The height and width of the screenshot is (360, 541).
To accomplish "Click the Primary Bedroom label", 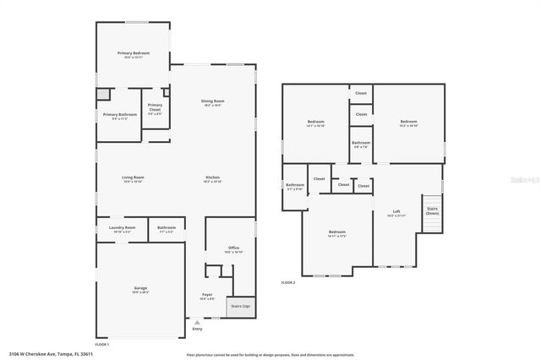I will point(133,54).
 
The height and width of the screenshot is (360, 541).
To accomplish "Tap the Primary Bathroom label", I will point(120,115).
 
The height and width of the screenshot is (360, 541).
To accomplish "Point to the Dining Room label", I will point(212,102).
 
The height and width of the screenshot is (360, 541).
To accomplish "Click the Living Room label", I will point(133,178).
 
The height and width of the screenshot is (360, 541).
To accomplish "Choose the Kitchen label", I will point(212,178).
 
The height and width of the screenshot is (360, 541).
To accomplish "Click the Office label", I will point(233,248).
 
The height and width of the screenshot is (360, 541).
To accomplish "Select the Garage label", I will point(140,289).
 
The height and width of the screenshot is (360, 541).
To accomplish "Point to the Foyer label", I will point(207,296).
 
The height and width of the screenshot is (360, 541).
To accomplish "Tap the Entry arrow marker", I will point(197,323).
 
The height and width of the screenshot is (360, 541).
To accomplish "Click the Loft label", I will point(396,212).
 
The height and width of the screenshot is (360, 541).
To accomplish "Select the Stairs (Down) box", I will point(432,210).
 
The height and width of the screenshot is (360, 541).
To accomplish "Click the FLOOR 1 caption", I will point(101,345).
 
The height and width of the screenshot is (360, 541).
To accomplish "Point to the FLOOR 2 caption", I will point(288,282).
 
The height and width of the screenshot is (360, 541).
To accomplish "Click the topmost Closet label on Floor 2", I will point(361,93).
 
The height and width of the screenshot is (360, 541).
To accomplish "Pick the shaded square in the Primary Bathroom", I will point(101,95).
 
